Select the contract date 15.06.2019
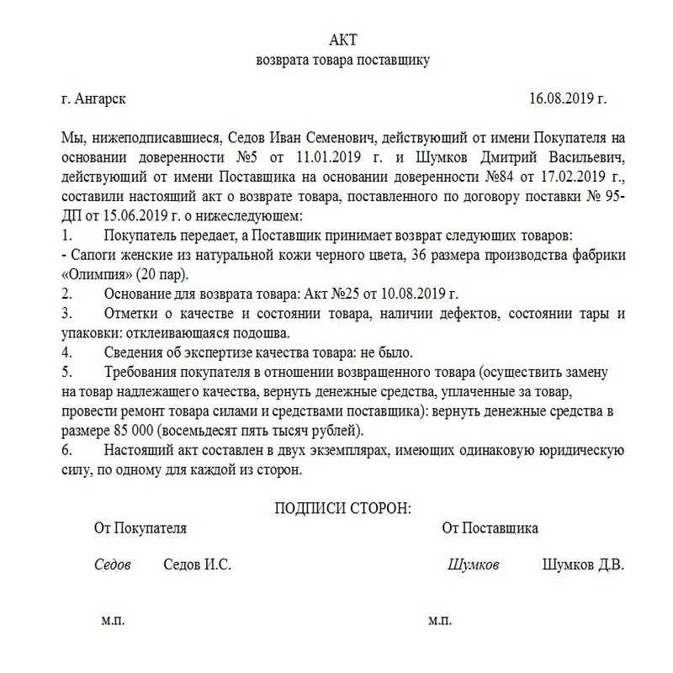point(123,215)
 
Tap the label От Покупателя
point(140,528)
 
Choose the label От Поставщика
point(490,528)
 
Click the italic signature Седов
point(112,565)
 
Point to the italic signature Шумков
point(474,565)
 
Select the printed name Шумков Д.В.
point(583,565)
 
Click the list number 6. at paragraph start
point(66,450)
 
